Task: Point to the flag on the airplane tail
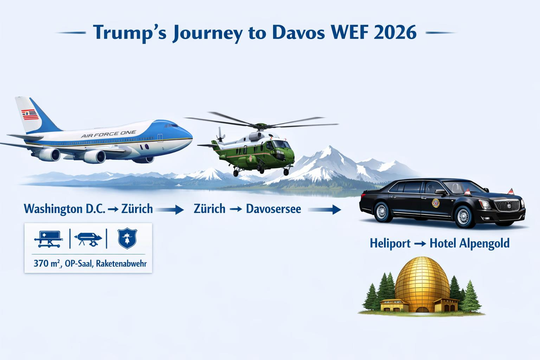(30, 115)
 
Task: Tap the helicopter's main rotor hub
(261, 125)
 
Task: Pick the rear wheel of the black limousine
(381, 211)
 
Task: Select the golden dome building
(422, 285)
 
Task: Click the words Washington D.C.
(64, 209)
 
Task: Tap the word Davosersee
(274, 209)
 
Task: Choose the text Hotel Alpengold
(470, 243)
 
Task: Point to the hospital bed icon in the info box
(48, 238)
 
